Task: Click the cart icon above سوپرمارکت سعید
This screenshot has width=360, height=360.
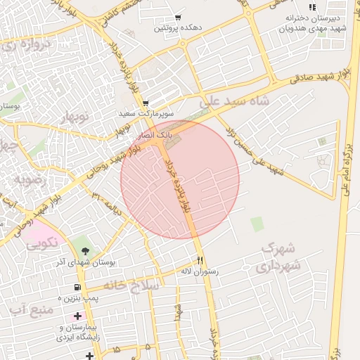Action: click(x=145, y=103)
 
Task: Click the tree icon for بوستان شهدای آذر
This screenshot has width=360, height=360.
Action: click(x=86, y=250)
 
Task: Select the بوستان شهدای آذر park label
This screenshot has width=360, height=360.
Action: click(x=86, y=262)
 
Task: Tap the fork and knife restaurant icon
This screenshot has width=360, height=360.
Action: click(x=200, y=259)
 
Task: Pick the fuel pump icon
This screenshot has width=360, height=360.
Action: click(x=77, y=288)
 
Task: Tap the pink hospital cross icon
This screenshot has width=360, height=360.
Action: click(x=77, y=316)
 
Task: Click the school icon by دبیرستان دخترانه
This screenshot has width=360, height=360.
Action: click(x=312, y=7)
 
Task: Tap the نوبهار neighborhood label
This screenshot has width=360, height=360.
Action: click(x=76, y=117)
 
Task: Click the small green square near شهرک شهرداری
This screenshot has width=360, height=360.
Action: click(x=257, y=224)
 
